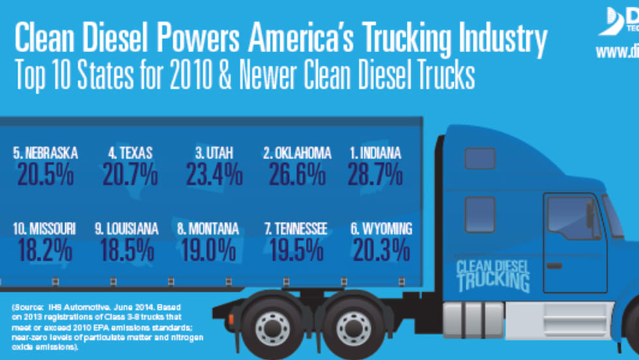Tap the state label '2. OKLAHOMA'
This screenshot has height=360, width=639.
coord(297,153)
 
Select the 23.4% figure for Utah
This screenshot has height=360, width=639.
coord(214,175)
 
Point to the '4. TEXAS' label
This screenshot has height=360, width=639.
coord(130,153)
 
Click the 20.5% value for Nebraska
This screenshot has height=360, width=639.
coord(45,175)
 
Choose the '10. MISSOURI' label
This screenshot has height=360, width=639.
coord(44,229)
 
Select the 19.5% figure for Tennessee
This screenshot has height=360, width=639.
coord(295,250)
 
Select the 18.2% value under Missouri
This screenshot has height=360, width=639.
coord(44,250)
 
